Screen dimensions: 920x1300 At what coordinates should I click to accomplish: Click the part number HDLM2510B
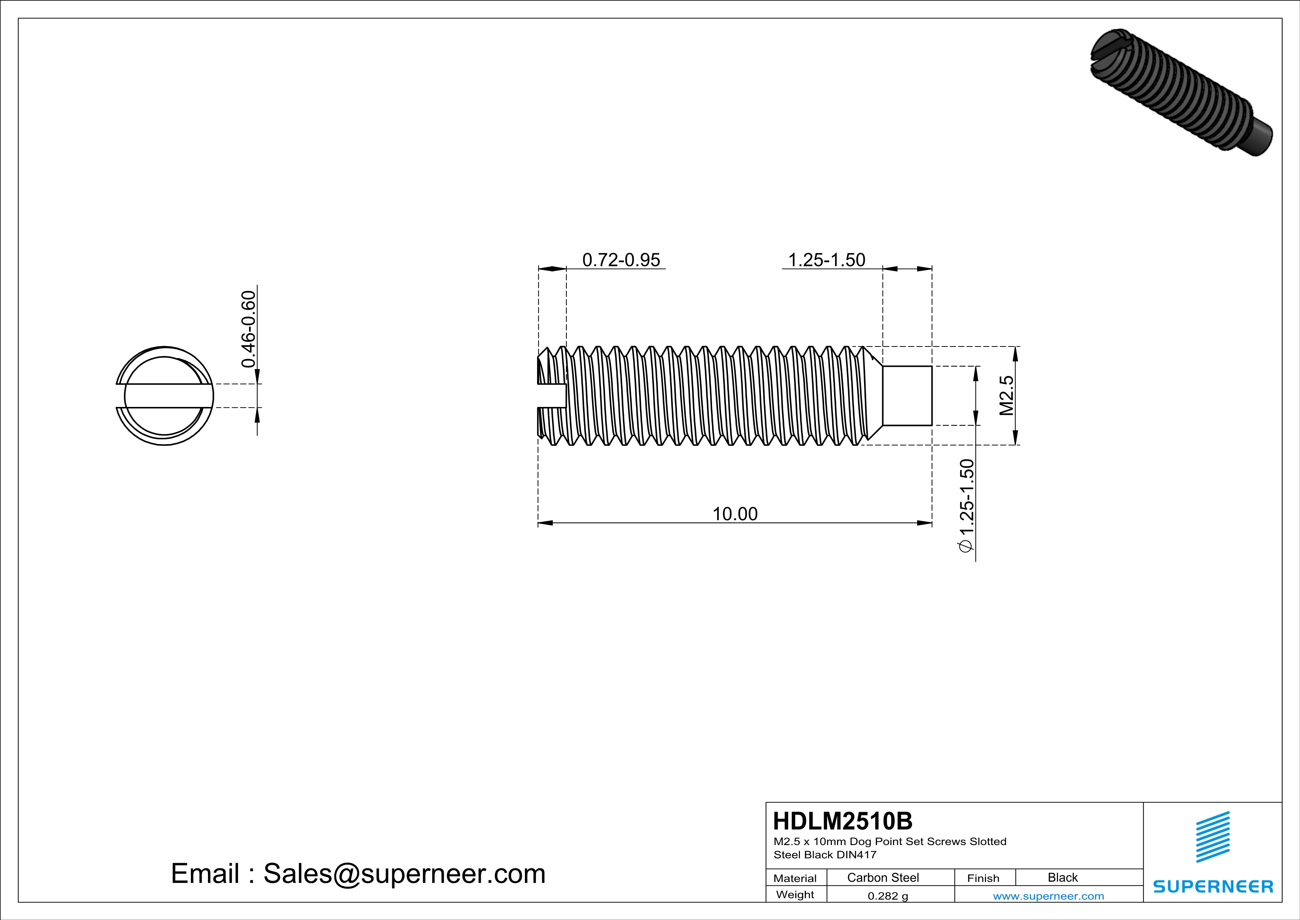843,821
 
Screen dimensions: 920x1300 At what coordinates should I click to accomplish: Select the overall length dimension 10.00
734,514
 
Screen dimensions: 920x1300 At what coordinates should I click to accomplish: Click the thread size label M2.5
1006,395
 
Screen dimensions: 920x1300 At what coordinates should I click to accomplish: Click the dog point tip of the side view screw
907,395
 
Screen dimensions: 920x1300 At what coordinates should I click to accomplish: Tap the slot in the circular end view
164,395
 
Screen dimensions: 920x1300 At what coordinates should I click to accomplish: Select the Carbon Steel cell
883,877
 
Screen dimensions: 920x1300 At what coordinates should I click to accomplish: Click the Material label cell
795,878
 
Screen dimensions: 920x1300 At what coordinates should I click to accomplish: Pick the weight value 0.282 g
887,896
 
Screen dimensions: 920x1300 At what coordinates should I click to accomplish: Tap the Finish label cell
983,878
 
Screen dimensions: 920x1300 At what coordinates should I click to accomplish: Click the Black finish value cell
1062,877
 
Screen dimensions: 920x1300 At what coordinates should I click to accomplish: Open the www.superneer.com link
1048,896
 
